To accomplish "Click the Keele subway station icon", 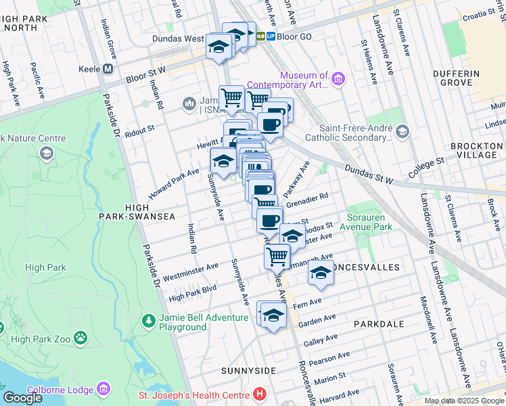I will [107, 69].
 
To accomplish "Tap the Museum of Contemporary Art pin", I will [338, 80].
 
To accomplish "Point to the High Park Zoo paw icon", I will [80, 336].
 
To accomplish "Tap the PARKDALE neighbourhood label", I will [379, 324].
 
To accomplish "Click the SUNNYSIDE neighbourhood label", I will [248, 371].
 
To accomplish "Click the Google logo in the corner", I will [22, 399].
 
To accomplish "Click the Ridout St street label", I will [140, 128].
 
